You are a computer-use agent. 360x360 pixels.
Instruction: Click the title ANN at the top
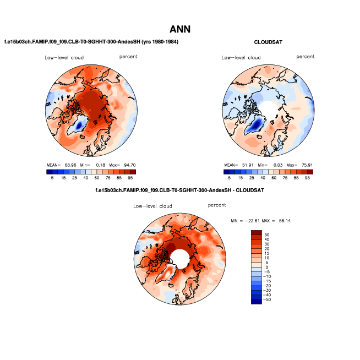[180, 29]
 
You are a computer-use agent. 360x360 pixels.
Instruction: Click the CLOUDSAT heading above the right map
[268, 42]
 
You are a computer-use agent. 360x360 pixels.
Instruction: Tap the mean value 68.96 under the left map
[70, 165]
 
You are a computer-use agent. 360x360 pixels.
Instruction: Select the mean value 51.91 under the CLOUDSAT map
[248, 165]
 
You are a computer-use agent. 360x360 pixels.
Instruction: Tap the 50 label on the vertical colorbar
[267, 234]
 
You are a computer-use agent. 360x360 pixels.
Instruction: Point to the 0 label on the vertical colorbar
[267, 268]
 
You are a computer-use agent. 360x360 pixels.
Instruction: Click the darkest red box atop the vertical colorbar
[257, 232]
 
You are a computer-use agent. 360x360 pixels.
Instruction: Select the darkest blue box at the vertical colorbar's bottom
[257, 301]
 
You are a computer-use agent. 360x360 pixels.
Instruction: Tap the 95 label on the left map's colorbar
[130, 178]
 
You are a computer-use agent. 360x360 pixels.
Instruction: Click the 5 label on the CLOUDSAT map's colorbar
[230, 178]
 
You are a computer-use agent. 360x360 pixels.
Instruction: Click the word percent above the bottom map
[217, 205]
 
